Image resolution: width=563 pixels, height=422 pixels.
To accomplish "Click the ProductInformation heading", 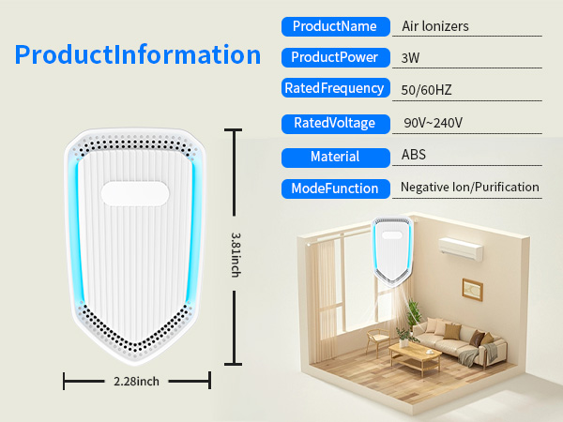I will click(x=137, y=54).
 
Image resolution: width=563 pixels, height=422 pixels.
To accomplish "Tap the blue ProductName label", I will click(x=335, y=26).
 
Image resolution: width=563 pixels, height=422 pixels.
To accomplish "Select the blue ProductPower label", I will click(x=335, y=57).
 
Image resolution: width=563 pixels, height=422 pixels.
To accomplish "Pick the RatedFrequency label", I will click(x=335, y=89).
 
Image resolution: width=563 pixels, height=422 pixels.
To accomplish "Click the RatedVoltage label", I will click(x=335, y=123).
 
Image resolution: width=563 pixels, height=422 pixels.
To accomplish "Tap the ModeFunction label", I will click(x=335, y=188).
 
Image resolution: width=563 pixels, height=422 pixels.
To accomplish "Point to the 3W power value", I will click(x=410, y=58).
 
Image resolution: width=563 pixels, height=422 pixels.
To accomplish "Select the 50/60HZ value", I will click(x=427, y=90).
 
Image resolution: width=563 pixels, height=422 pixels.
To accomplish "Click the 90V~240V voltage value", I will click(x=434, y=124).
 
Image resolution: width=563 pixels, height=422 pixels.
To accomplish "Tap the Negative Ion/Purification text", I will click(x=469, y=188).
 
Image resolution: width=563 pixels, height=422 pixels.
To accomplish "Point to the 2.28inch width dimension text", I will click(x=137, y=381).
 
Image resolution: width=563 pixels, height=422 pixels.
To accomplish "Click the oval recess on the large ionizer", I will click(x=136, y=192).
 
